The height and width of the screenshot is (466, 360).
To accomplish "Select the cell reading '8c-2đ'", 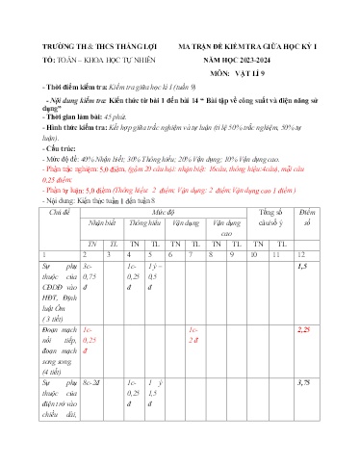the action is click(92, 383).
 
